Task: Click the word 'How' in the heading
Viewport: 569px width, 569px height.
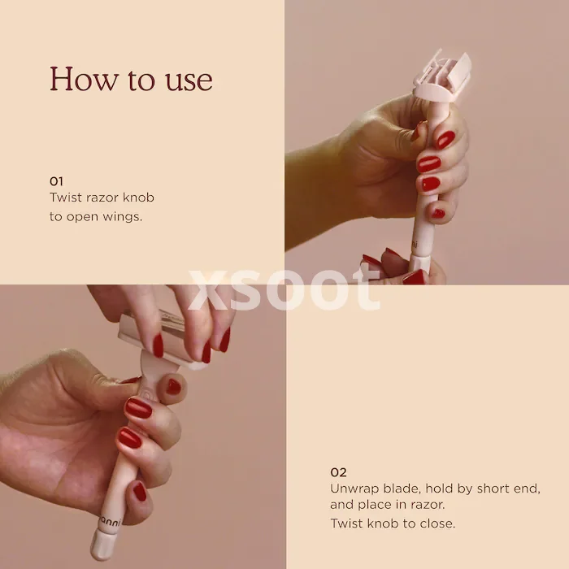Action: pos(82,79)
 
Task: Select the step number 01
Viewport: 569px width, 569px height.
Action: pos(56,181)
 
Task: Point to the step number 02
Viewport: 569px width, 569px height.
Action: pos(338,472)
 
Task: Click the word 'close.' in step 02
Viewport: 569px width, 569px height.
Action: pos(437,523)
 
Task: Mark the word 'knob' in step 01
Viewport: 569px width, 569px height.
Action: pos(138,198)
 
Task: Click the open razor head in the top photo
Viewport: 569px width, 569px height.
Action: pos(442,78)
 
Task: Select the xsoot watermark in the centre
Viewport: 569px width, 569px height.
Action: pos(284,289)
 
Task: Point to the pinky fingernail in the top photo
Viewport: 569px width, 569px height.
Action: pos(438,213)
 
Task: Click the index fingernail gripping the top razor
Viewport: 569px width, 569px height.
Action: pos(445,140)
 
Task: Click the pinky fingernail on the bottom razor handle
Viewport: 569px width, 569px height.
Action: pos(140,491)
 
